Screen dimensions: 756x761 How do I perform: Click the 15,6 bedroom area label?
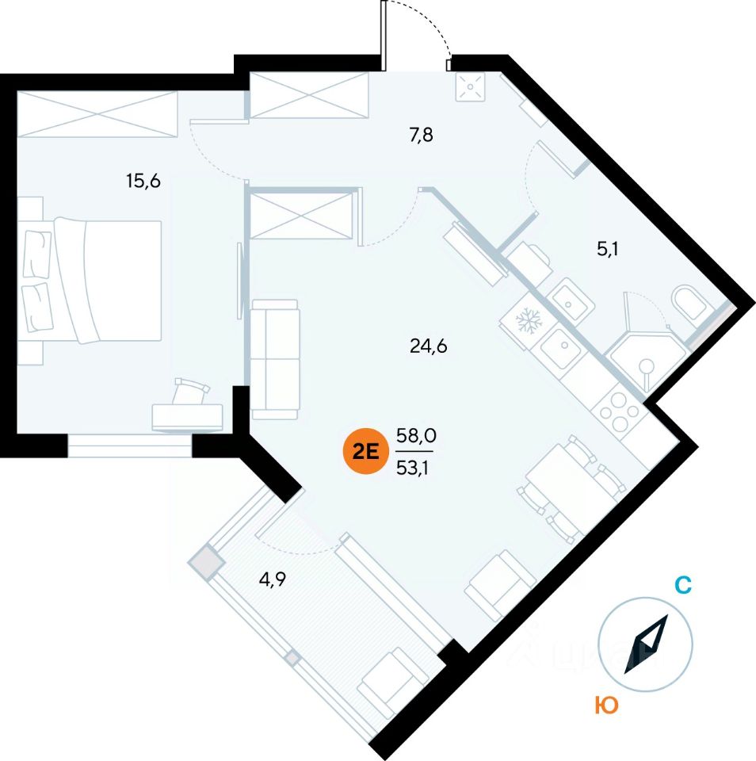(143, 182)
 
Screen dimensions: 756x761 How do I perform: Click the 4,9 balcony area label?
(271, 579)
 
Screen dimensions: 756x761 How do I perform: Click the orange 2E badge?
(363, 451)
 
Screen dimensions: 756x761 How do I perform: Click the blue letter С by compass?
(683, 586)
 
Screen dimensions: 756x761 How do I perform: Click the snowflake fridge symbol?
(527, 321)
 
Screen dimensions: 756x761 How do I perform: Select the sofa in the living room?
(274, 359)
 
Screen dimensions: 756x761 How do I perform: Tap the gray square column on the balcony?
(206, 562)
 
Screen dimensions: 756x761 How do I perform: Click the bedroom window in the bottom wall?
(130, 446)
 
